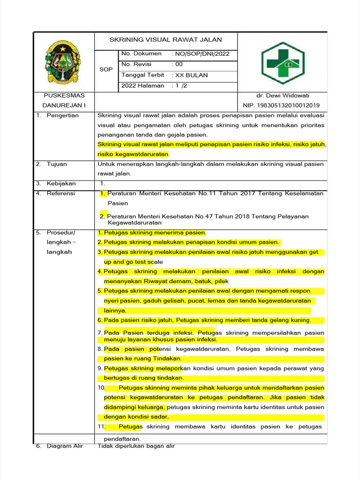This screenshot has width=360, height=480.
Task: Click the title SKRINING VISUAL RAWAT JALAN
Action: (165, 40)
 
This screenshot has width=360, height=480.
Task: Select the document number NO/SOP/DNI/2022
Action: (202, 54)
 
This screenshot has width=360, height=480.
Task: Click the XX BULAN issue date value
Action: (191, 75)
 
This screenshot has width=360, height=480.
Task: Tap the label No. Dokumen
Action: (141, 54)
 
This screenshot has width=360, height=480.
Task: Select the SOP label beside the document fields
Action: (106, 69)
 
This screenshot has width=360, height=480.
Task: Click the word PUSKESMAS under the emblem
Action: (63, 96)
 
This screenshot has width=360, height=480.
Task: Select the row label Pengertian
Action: (62, 115)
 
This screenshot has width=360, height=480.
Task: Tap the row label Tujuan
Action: (57, 164)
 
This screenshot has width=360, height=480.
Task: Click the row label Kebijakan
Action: (61, 183)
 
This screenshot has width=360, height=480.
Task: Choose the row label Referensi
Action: (61, 193)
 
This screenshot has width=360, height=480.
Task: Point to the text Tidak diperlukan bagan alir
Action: (136, 446)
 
